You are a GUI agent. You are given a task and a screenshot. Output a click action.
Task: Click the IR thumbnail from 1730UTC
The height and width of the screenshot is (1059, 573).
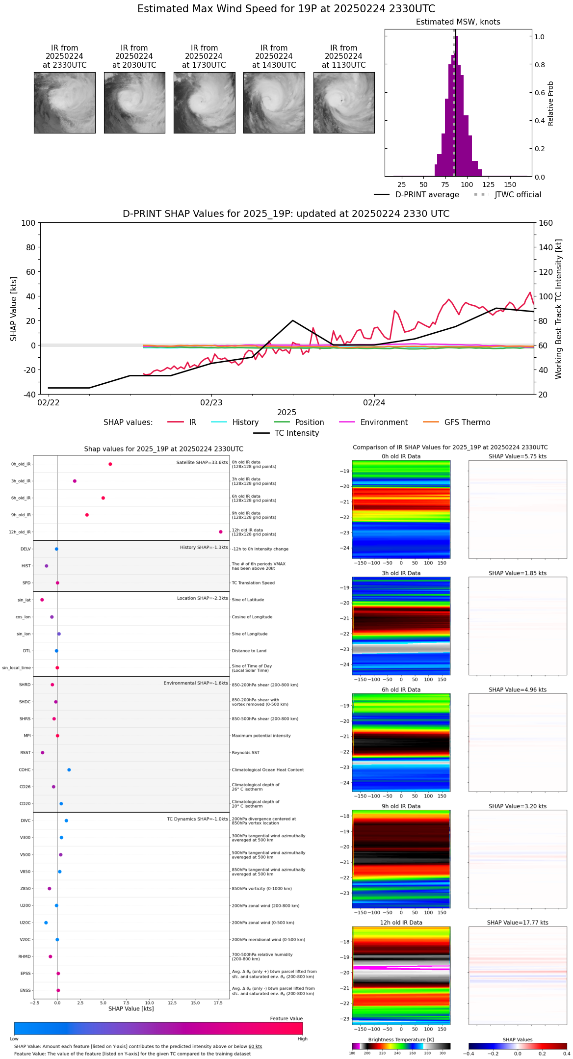pos(204,103)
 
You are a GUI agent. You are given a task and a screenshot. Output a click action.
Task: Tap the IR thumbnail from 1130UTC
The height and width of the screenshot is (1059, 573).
pos(344,103)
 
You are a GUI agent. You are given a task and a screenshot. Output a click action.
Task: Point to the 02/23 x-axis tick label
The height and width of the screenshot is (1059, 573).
pos(211,403)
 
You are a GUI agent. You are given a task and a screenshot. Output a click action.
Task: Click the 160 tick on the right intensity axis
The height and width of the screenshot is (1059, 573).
pos(546,223)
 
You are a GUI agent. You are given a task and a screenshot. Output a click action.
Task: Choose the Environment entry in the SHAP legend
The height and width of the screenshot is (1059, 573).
pos(384,423)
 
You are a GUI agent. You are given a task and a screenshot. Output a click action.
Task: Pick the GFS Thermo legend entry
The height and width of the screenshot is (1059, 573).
pos(467,423)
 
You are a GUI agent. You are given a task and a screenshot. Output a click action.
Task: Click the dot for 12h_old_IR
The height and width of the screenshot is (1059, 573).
pos(221,532)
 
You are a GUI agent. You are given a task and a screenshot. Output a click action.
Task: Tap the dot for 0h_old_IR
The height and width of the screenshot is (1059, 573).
pos(110,464)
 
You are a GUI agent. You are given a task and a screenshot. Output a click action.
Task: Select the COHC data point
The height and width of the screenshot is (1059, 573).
pos(69,770)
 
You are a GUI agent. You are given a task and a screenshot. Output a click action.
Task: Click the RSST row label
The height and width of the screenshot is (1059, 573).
pos(25,753)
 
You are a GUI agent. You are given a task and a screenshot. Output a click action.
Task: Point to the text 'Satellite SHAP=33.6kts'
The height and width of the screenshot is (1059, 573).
pos(202,463)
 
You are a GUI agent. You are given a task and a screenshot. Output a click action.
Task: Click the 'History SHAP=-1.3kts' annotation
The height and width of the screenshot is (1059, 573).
pos(204,548)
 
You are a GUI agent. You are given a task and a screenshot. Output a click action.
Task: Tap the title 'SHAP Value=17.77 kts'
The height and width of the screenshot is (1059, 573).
pos(518,923)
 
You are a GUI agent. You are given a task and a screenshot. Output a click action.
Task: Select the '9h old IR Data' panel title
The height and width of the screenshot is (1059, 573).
pos(401,806)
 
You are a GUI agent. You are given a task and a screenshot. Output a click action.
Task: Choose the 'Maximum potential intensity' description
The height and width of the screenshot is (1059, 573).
pos(261,736)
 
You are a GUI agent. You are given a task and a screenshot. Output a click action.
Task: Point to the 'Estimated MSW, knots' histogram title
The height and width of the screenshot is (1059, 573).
pos(458,22)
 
